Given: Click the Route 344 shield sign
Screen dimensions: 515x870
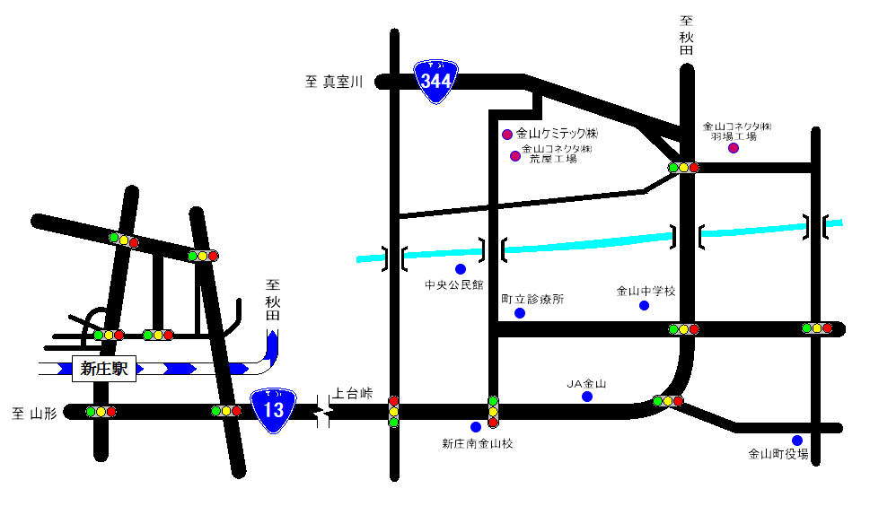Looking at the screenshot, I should point(436,81).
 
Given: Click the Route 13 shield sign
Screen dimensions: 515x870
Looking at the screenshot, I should point(273,409).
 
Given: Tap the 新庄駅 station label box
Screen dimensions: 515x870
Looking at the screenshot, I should point(104,368).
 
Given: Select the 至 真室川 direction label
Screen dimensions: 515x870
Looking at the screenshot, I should point(333,83).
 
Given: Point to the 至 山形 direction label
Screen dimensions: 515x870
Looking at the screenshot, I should point(34,414).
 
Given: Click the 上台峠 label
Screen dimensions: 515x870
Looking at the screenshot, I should point(352,394).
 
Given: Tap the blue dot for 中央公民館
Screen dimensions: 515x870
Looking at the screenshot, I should point(461,269).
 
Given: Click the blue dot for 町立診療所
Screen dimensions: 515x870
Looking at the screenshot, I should point(520,313).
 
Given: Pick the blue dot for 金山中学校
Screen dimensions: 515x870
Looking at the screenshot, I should point(644,306).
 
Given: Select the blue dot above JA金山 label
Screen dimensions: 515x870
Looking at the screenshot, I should point(587,397).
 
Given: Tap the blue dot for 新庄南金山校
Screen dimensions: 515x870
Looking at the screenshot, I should point(476,427).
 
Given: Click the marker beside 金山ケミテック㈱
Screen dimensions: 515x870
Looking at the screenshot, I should point(507,135).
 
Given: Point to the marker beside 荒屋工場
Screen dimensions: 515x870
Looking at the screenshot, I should point(515,156).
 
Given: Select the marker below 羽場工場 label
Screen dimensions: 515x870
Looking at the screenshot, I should point(734,148).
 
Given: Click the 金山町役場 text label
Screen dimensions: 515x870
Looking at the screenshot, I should point(778,455).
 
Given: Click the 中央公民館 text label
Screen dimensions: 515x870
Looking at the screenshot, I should point(454,286).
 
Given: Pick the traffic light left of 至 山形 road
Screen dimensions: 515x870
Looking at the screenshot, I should point(101,412).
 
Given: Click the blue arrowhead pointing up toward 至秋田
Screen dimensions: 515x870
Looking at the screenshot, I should point(273,340).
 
